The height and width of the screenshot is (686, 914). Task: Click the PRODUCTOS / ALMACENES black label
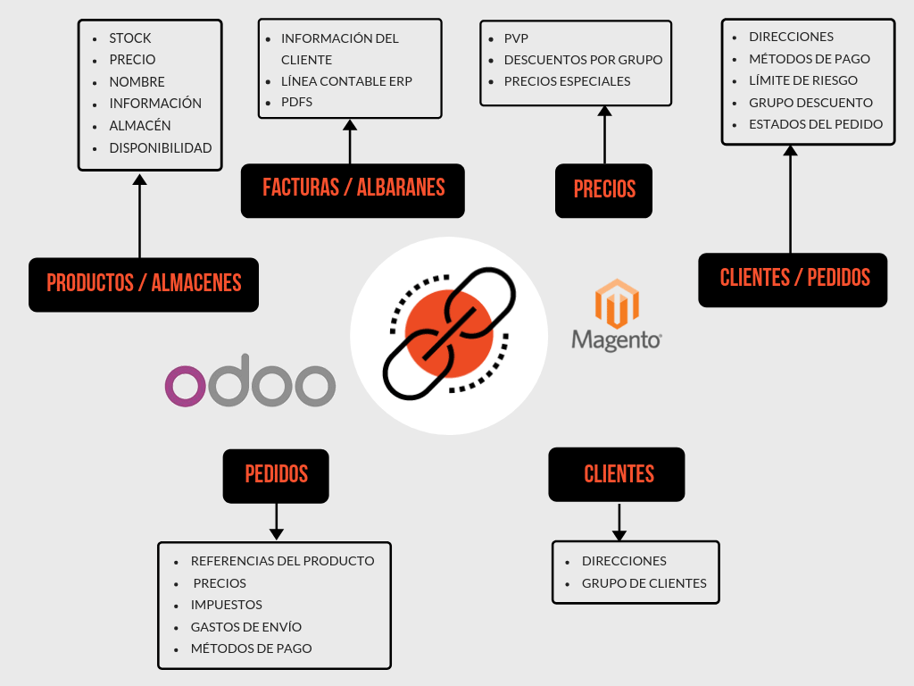click(x=144, y=284)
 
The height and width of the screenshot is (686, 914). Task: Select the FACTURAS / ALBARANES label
click(x=353, y=189)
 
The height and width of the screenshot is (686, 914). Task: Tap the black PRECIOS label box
click(x=604, y=190)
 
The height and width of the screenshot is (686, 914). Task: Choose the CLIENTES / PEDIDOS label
click(x=794, y=279)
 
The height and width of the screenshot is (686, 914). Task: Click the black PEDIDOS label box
click(x=276, y=475)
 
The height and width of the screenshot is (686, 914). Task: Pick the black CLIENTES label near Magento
click(x=618, y=474)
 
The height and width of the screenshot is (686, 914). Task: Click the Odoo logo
click(x=250, y=385)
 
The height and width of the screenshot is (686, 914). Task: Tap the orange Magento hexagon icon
click(x=617, y=304)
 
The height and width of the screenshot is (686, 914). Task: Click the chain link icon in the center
click(x=449, y=334)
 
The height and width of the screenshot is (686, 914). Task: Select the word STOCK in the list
click(x=130, y=38)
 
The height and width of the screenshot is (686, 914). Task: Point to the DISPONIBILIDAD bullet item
click(x=160, y=148)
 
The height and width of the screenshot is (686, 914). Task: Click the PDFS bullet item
click(x=296, y=103)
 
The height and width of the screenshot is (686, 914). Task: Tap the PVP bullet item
click(x=516, y=38)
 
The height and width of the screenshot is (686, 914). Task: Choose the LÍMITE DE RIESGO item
click(x=802, y=80)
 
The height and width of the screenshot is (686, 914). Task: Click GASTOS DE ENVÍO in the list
click(x=245, y=627)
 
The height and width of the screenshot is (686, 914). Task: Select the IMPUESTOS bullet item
click(x=226, y=605)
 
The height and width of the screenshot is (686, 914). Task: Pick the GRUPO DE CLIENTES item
click(x=644, y=583)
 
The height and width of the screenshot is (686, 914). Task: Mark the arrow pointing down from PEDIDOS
click(x=277, y=522)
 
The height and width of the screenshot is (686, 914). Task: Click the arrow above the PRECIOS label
click(x=605, y=135)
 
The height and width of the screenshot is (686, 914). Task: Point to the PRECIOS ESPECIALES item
click(x=567, y=81)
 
